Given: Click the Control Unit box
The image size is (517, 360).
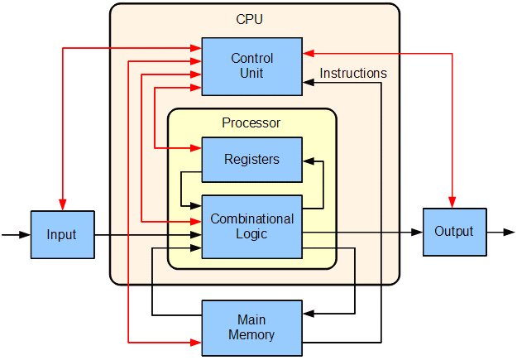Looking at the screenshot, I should (x=252, y=66).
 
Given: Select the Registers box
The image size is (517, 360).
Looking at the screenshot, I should (x=252, y=160).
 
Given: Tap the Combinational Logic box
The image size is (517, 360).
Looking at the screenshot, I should (x=252, y=227).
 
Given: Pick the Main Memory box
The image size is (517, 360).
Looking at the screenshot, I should (x=252, y=328).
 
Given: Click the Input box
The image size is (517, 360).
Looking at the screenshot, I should (x=61, y=235).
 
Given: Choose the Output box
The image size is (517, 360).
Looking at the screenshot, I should (x=453, y=231).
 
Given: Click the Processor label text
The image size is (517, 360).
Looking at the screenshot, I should (x=251, y=123).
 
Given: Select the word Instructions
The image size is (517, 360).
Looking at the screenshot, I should (x=353, y=74).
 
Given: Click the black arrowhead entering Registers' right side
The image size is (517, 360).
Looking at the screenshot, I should (x=308, y=160).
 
